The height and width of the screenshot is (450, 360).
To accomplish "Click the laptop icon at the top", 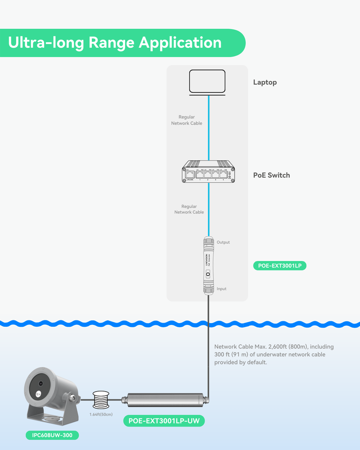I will (x=208, y=82).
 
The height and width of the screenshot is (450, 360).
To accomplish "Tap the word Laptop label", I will (x=265, y=82).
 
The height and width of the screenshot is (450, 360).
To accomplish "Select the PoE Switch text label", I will (x=271, y=175).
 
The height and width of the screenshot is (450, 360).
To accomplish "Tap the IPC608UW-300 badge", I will (x=52, y=435).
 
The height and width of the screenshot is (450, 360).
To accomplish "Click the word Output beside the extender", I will (x=223, y=242).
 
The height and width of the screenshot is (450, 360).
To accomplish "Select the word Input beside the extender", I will (x=222, y=289).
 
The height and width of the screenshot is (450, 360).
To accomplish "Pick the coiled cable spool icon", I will (x=101, y=398).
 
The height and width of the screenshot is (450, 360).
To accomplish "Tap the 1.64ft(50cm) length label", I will (x=101, y=414).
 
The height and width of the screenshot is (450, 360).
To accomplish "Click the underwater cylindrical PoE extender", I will (x=165, y=399).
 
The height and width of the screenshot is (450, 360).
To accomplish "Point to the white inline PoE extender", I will (x=208, y=265).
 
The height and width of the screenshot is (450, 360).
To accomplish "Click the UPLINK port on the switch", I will (x=189, y=173).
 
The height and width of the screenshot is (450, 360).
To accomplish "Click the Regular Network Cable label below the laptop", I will (x=187, y=120).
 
